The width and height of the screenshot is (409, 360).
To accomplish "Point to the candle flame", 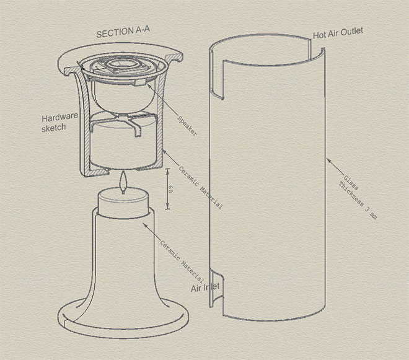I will [x=125, y=184].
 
